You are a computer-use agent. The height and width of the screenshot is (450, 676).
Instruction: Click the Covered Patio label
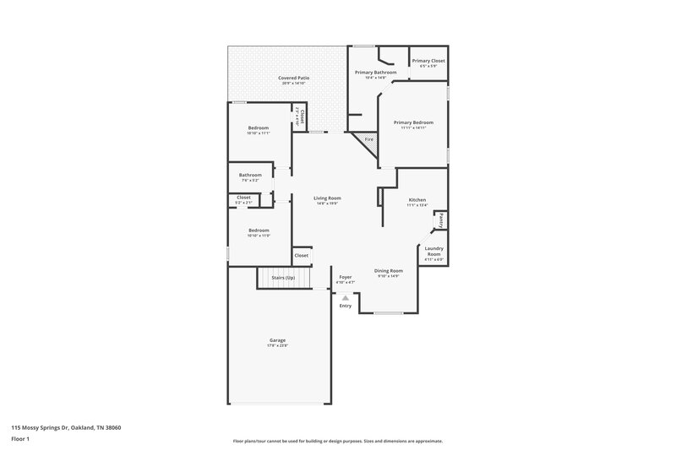(294, 78)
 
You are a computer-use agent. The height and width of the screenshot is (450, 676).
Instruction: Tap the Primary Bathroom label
(375, 73)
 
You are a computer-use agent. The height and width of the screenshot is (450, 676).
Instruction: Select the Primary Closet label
(428, 61)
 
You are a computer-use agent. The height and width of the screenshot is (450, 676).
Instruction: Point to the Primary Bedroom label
(413, 122)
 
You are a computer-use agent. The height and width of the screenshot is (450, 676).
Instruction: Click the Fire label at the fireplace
(368, 138)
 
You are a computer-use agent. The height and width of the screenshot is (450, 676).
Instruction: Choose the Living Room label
(327, 198)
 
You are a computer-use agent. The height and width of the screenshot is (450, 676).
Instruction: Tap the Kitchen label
(417, 199)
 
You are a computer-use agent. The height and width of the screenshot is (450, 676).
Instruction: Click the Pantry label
(440, 220)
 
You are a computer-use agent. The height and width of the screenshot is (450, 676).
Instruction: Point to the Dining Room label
(389, 270)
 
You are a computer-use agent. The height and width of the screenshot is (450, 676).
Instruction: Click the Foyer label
(345, 277)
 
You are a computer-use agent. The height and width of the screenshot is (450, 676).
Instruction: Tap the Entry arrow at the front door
(345, 297)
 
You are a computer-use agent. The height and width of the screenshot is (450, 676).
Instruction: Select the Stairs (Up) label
(282, 278)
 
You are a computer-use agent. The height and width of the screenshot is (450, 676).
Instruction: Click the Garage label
(278, 339)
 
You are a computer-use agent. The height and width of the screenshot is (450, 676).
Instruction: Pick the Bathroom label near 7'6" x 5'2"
(250, 175)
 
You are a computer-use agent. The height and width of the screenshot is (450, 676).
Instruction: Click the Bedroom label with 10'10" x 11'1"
(258, 127)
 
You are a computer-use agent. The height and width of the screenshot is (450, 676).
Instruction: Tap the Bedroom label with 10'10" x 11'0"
(258, 230)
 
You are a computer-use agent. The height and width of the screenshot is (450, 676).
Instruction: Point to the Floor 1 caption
(21, 439)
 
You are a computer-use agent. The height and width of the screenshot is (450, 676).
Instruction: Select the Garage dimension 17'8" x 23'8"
(278, 345)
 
